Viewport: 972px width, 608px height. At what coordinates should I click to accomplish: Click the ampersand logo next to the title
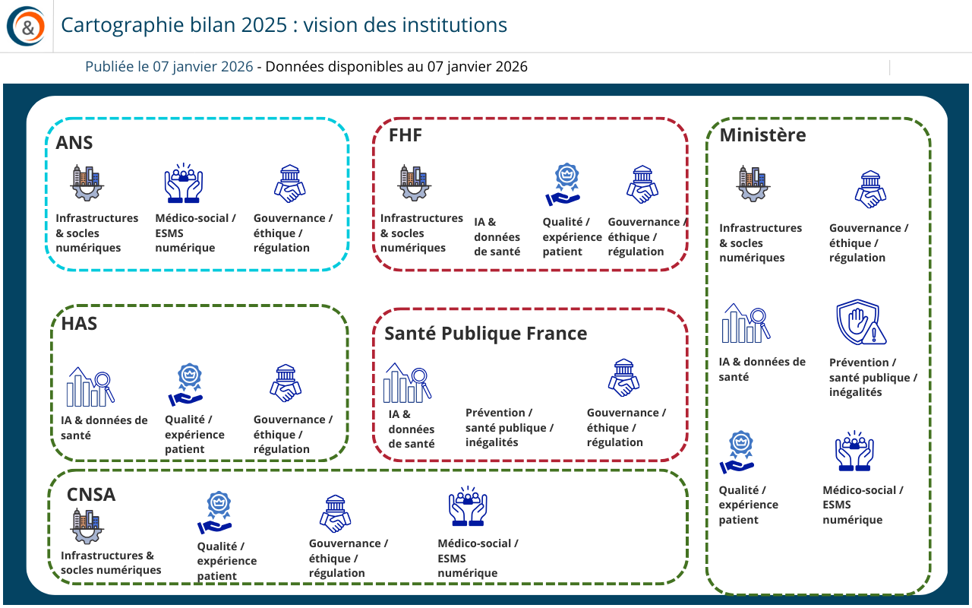[26, 26]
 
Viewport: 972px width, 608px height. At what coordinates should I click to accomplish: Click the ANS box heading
[74, 143]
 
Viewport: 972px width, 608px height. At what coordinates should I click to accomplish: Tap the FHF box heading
[406, 135]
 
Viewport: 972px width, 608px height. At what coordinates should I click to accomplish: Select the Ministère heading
[762, 135]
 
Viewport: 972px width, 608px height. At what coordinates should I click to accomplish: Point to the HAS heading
[79, 324]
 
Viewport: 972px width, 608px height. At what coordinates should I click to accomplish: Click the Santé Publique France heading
[485, 334]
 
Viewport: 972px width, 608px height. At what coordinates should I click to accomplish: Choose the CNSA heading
[91, 495]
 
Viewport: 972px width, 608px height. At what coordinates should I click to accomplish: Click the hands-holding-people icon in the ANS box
[184, 183]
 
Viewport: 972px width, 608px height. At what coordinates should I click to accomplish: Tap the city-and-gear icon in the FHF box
[415, 183]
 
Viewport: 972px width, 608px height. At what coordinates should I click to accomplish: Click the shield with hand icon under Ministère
[861, 322]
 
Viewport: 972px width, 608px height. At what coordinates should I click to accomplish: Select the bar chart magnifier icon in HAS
[90, 387]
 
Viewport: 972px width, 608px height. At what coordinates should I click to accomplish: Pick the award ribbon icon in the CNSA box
[215, 512]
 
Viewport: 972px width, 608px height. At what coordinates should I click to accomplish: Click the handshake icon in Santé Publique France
[623, 378]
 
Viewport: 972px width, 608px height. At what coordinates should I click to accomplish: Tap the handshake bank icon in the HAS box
[286, 383]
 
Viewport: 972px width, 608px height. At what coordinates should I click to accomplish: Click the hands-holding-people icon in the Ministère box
[854, 451]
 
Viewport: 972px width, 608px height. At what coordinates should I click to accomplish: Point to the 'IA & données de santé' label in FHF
[497, 237]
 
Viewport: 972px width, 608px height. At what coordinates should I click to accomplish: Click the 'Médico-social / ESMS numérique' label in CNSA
[478, 559]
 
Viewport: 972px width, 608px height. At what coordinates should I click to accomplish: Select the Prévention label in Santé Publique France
[510, 428]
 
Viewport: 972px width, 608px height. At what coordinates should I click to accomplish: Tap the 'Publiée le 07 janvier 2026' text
[169, 67]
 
